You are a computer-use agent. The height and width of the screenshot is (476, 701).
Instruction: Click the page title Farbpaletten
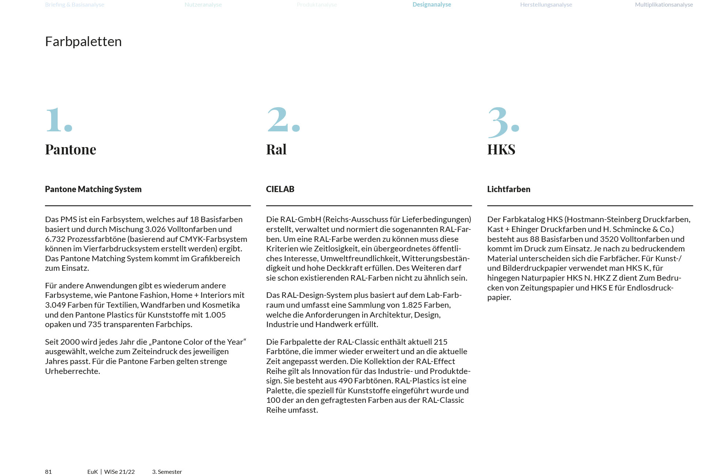point(83,42)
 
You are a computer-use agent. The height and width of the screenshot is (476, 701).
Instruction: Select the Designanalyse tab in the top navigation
point(432,5)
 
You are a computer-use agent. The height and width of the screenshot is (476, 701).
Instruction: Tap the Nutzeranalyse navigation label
point(203,5)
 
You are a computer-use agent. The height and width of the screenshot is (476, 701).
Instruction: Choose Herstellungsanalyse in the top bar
point(546,5)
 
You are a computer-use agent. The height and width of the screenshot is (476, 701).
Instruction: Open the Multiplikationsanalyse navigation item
point(664,5)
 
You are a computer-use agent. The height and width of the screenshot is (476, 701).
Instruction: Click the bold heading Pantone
point(71,150)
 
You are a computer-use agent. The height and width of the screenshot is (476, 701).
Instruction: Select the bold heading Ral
point(276,150)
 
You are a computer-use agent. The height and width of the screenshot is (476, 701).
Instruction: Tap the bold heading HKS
point(501,150)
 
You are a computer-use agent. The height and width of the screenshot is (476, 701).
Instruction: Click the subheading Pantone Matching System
point(93,189)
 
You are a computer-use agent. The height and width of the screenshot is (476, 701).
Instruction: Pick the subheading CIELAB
point(280,189)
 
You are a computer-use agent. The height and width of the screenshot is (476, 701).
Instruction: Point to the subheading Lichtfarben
point(509,189)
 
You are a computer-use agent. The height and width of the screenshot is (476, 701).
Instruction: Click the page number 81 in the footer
point(48,472)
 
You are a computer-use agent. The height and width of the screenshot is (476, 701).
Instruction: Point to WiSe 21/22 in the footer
point(120,472)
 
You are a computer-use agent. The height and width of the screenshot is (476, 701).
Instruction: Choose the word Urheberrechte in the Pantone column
point(72,371)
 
